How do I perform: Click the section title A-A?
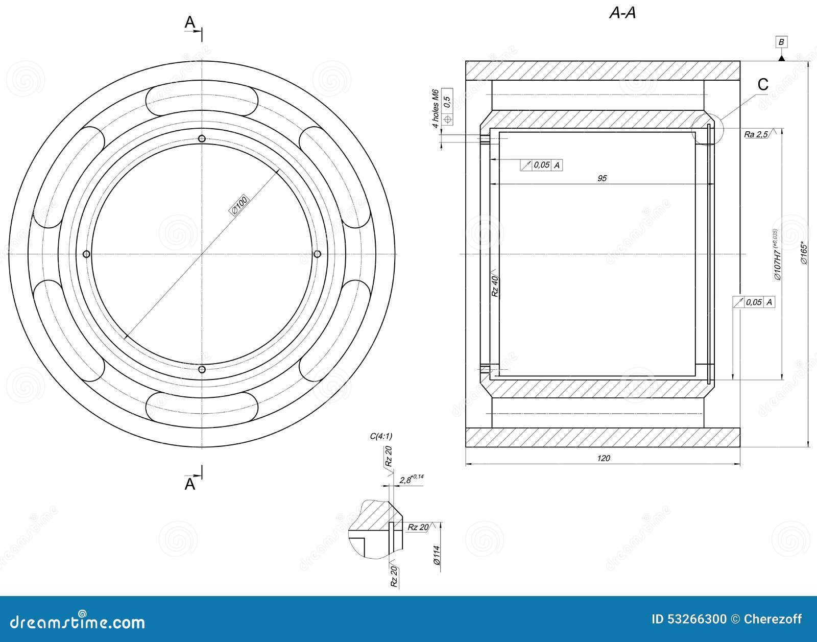tap(622, 13)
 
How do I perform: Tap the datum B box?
tap(781, 42)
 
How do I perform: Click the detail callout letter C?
tap(762, 85)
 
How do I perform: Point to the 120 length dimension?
tap(603, 458)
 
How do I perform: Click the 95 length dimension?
tap(602, 178)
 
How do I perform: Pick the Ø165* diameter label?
tap(804, 253)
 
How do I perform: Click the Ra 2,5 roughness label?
tap(756, 134)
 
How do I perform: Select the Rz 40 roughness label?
tap(494, 286)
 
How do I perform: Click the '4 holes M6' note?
tap(436, 109)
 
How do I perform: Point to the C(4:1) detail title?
tap(381, 436)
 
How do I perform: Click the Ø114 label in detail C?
tap(436, 555)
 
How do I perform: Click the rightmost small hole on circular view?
tap(317, 254)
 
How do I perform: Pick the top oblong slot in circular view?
tap(202, 101)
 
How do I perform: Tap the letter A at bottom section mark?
tap(189, 484)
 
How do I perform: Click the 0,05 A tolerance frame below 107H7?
tap(754, 302)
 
